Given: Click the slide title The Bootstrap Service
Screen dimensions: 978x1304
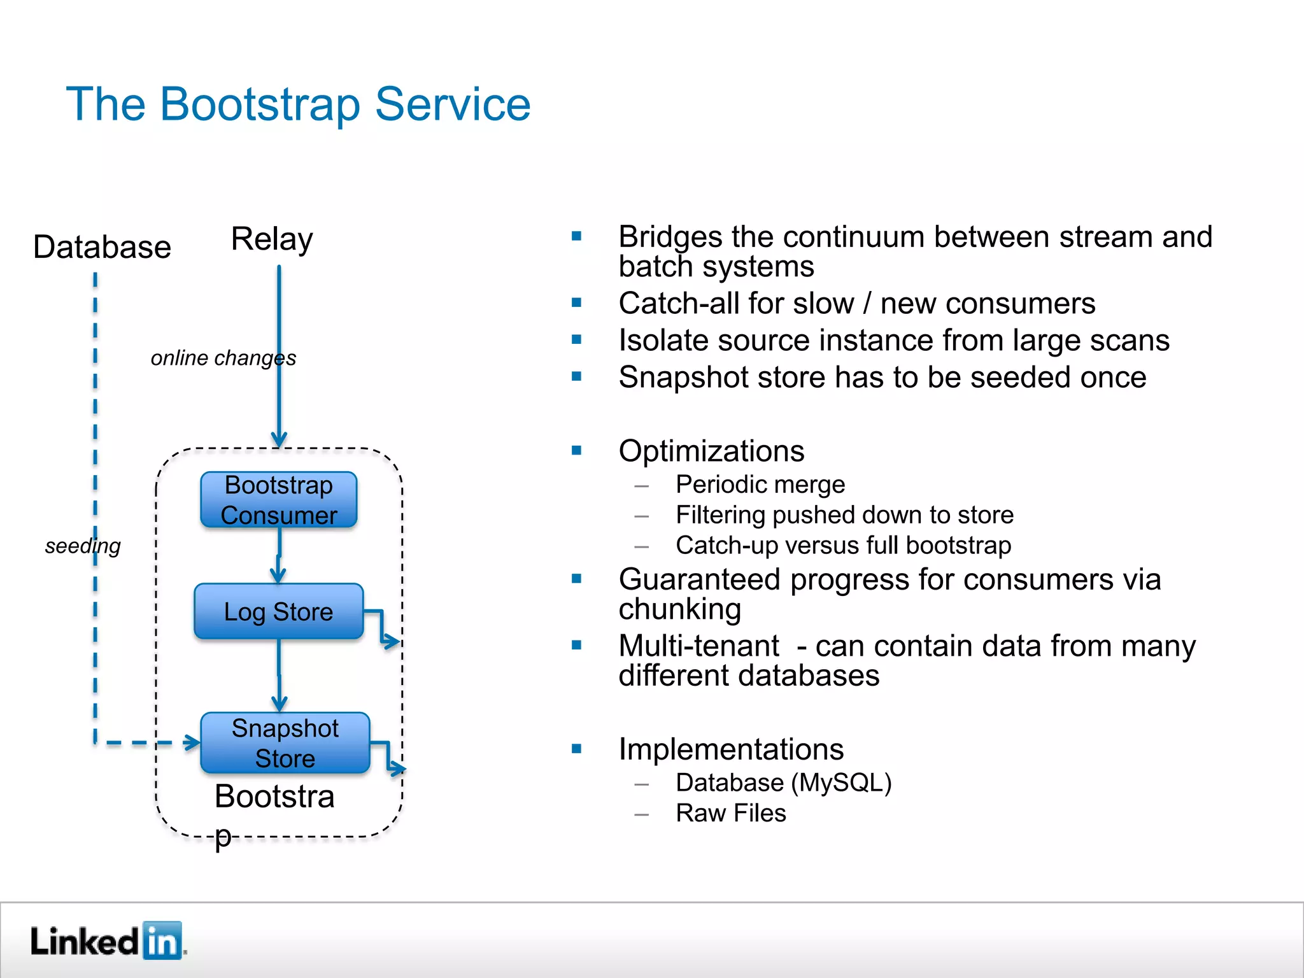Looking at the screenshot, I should (298, 104).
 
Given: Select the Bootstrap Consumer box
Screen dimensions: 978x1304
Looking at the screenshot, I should (278, 500).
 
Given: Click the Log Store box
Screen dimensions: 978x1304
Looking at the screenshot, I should (278, 611).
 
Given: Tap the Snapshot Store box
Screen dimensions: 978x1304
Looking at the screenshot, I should (285, 742).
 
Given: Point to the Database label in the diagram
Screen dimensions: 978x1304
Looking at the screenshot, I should (102, 247).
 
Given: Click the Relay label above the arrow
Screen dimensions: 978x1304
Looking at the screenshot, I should (272, 239).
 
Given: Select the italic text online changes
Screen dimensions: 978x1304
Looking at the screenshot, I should (223, 358).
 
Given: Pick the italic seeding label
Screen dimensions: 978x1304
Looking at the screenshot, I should (83, 546).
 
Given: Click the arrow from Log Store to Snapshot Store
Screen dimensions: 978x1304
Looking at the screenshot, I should (279, 675).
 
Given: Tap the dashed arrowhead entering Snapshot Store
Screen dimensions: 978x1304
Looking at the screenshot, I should (190, 742).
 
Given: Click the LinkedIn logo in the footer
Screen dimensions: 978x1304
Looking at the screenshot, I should (107, 940).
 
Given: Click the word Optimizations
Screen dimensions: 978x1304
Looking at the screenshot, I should (711, 451).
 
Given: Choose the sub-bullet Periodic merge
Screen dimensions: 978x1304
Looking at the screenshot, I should (760, 485).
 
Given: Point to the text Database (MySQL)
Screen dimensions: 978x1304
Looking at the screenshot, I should (783, 783).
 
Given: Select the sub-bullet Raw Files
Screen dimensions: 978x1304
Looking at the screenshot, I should (731, 813).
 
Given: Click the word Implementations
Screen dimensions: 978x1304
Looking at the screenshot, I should (731, 749).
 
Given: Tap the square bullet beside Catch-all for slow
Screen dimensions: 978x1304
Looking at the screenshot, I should (577, 303).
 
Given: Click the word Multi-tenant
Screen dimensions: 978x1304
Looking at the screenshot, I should (699, 646).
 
